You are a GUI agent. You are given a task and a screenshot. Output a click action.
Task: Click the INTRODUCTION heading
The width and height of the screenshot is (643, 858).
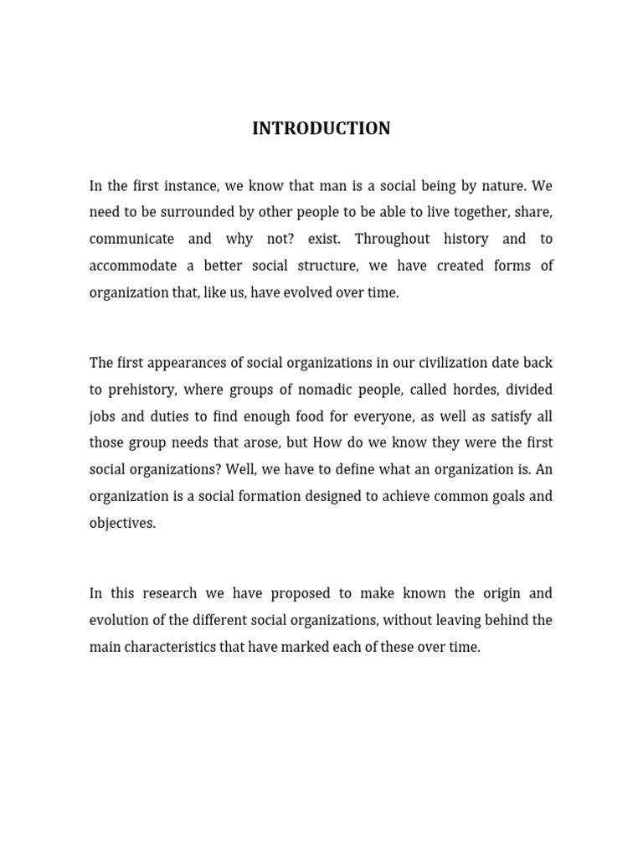coord(321,128)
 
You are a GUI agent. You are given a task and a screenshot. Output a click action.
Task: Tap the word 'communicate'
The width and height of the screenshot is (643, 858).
coord(131,239)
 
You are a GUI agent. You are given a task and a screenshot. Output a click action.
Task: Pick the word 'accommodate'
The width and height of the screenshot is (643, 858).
coord(133,266)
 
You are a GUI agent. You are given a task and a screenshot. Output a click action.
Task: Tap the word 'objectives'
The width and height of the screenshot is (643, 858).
coord(122,523)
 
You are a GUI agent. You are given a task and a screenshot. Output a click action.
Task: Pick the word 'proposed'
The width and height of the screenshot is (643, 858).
coord(298,593)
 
